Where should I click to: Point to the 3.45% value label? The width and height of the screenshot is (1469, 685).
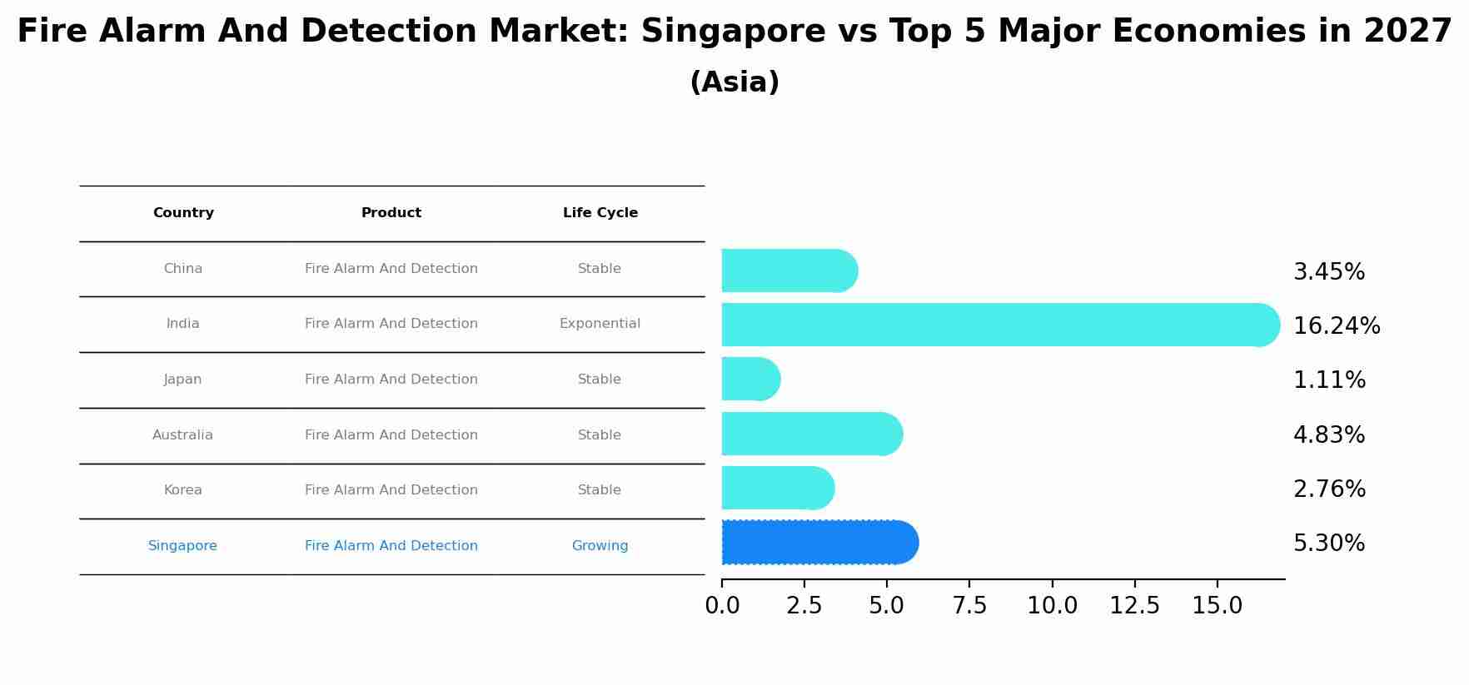tap(1328, 272)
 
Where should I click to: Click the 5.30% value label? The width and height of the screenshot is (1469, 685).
tap(1328, 544)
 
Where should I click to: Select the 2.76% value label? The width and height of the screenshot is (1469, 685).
tap(1328, 489)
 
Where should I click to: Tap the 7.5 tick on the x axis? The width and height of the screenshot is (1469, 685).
tap(969, 606)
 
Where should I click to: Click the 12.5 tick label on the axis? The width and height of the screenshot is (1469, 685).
tap(1134, 606)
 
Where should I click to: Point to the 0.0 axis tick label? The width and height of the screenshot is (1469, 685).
tap(722, 606)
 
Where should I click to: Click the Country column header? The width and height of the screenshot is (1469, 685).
tap(183, 213)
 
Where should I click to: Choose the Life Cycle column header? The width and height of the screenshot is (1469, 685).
tap(600, 213)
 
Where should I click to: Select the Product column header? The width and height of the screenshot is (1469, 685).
tap(391, 213)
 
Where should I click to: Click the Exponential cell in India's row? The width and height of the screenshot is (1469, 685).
tap(600, 324)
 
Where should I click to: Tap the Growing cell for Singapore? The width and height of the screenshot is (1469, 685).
tap(600, 546)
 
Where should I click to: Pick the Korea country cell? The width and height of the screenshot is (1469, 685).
tap(182, 490)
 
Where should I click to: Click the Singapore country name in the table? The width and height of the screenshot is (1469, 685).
tap(182, 546)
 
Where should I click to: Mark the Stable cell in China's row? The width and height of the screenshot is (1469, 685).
tap(600, 269)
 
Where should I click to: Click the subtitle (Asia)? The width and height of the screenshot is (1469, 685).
tap(734, 82)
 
